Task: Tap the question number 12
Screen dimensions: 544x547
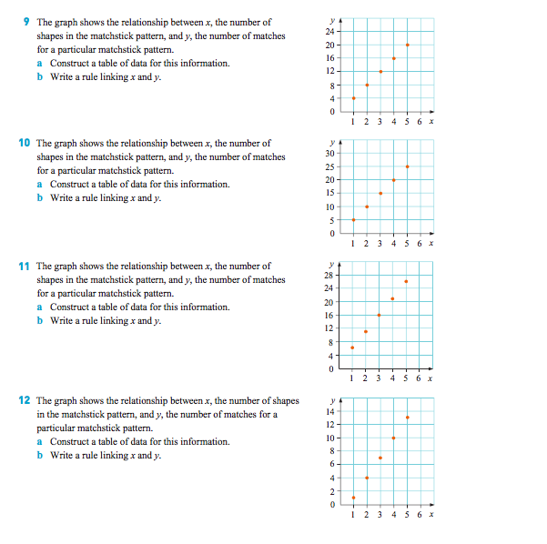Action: click(x=25, y=400)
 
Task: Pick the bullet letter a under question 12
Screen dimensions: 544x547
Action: click(x=40, y=441)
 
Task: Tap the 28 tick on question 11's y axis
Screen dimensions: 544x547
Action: click(x=332, y=275)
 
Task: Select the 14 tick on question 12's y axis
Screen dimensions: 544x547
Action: click(x=332, y=412)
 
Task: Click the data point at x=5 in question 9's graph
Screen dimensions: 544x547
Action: click(x=407, y=45)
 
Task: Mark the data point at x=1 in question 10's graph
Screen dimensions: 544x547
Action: click(x=353, y=220)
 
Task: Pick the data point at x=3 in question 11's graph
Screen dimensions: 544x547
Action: click(x=380, y=315)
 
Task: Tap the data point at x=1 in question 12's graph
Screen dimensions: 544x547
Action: click(x=353, y=498)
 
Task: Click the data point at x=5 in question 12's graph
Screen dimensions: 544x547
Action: click(x=407, y=418)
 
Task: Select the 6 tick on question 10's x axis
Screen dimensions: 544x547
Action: click(x=420, y=243)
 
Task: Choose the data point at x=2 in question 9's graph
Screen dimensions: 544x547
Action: click(x=367, y=85)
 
